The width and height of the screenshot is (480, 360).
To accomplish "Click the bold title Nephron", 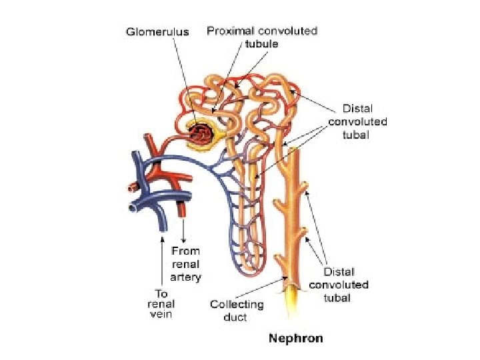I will [x=295, y=338].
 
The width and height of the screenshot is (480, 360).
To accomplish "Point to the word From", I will [x=185, y=251].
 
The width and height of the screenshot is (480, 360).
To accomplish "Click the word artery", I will [x=185, y=276].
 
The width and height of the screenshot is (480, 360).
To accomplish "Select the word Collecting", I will [x=237, y=304].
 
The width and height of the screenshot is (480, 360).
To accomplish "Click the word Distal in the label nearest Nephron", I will [x=339, y=272].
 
